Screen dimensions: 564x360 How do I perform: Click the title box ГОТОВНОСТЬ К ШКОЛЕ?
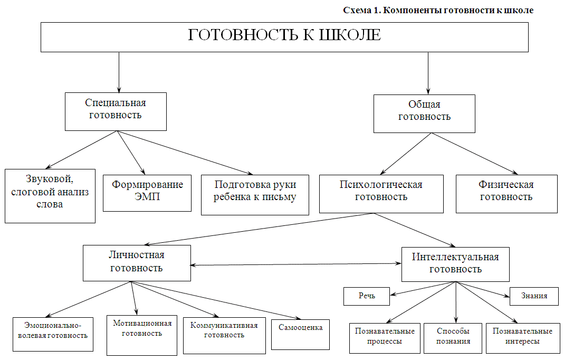(x=284, y=37)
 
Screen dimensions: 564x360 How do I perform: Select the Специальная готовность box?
(x=116, y=111)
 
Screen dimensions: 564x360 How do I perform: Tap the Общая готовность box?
(x=424, y=114)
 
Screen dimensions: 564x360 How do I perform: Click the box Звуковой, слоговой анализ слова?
(x=50, y=196)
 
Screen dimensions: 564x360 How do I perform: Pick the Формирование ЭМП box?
(x=147, y=193)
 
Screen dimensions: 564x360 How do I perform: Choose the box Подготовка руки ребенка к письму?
(x=255, y=195)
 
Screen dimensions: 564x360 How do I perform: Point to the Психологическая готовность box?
(x=381, y=194)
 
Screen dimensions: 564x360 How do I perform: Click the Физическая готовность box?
(x=506, y=194)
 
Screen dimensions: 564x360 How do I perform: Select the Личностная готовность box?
(x=137, y=263)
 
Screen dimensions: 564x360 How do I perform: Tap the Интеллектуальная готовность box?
(x=455, y=264)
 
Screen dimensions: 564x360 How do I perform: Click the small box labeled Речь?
(x=367, y=296)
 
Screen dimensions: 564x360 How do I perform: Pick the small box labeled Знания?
(x=534, y=296)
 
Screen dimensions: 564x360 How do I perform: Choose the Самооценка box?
(x=300, y=335)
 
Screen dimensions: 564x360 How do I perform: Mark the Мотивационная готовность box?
(x=142, y=335)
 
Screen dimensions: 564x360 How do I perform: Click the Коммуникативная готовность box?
(x=224, y=336)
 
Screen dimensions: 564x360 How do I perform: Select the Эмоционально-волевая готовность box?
(x=53, y=334)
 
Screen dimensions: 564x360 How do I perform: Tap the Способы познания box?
(x=453, y=338)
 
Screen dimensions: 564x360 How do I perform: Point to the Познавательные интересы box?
(x=522, y=338)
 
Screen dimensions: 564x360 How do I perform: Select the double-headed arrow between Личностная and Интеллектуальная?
(x=295, y=264)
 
